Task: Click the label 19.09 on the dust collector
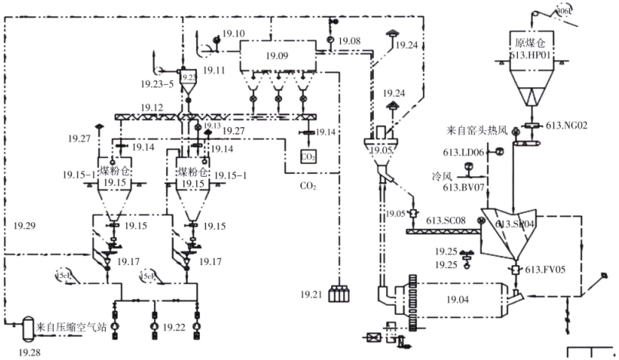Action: point(277,55)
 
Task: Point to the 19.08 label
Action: point(349,39)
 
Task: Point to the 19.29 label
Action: point(26,225)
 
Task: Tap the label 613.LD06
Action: point(464,152)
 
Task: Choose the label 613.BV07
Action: point(464,186)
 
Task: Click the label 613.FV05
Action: point(545,269)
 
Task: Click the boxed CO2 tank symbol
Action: point(309,156)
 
